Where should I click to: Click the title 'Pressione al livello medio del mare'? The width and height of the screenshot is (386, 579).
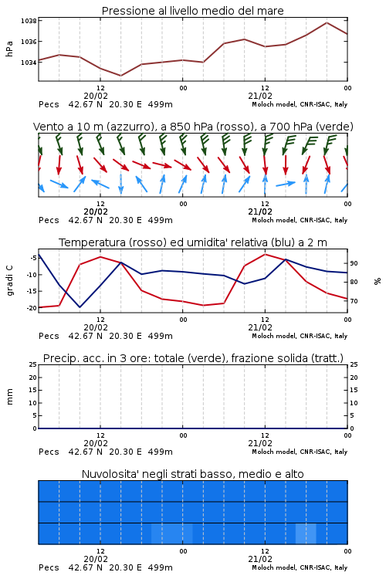(x=192, y=11)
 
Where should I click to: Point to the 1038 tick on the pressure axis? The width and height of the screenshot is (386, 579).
(x=29, y=21)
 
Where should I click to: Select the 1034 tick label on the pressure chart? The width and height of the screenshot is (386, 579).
(x=29, y=63)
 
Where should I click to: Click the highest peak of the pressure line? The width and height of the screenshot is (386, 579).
(x=327, y=22)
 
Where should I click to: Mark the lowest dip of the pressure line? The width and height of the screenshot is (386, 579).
(x=120, y=76)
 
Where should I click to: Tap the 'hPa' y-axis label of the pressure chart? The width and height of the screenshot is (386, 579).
(x=9, y=49)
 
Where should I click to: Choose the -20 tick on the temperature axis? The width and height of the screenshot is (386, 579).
(x=31, y=307)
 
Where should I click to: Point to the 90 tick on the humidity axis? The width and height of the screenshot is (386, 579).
(x=354, y=263)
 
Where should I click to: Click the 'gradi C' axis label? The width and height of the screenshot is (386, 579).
(x=9, y=280)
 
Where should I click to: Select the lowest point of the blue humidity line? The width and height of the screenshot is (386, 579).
(x=80, y=307)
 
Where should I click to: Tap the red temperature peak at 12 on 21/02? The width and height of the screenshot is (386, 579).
(x=265, y=254)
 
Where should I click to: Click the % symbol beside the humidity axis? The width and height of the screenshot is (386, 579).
(x=378, y=281)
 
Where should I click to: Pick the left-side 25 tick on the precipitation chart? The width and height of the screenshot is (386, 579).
(x=33, y=364)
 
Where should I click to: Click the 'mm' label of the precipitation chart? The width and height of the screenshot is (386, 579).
(x=9, y=397)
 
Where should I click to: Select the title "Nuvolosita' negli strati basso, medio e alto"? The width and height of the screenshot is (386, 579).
(x=192, y=474)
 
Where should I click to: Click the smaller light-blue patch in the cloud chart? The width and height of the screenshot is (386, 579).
(x=306, y=533)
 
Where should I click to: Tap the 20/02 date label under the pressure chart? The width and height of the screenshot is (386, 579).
(x=96, y=96)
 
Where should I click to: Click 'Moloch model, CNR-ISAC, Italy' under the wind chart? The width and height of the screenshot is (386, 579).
(x=300, y=220)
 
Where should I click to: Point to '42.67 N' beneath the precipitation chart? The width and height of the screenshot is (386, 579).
(x=86, y=452)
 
